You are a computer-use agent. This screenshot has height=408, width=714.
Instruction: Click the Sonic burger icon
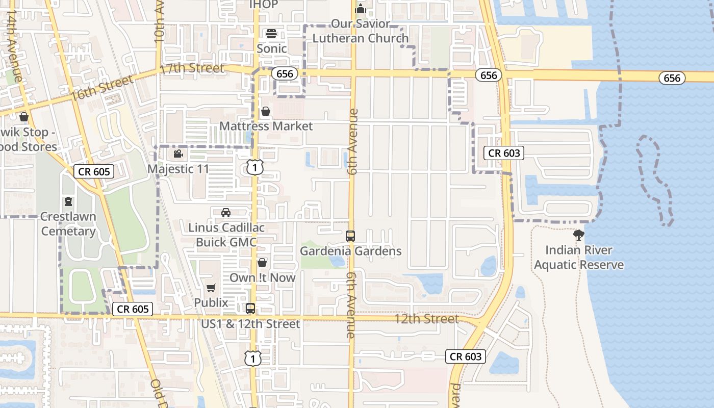point(271,34)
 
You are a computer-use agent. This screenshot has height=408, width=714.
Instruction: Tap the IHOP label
point(264,5)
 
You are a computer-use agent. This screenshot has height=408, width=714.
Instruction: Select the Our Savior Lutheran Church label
point(361,31)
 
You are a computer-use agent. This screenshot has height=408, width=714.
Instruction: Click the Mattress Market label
point(266,126)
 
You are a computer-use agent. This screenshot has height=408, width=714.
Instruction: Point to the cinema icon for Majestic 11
point(178,154)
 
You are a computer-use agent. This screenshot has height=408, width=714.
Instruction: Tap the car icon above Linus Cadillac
point(226,212)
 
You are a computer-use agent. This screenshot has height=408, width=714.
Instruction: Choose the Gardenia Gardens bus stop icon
point(350,236)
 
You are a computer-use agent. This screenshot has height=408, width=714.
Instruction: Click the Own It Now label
point(262,277)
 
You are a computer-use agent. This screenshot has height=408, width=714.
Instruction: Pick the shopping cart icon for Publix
point(211,288)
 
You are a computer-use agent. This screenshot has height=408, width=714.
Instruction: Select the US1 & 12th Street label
point(250,324)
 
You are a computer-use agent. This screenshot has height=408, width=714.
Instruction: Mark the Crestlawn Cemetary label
point(68,224)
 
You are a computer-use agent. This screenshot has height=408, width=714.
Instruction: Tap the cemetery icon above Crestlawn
point(68,201)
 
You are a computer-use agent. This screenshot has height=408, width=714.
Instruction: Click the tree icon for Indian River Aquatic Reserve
point(578,235)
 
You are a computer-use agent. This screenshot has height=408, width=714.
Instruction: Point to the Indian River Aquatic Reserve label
point(579,258)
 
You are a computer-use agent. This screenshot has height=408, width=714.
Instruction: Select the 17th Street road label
point(192,69)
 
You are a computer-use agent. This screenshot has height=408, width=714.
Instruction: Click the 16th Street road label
point(102,87)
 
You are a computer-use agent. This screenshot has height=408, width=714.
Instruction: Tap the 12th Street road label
point(427,319)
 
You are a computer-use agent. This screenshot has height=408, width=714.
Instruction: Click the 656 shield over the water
point(672,78)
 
